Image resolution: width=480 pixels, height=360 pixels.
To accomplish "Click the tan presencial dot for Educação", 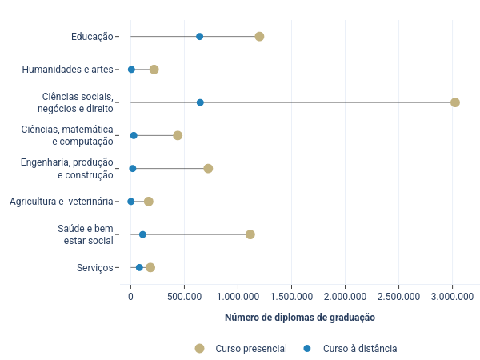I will [259, 37].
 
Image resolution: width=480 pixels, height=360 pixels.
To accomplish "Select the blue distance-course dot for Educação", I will [199, 37].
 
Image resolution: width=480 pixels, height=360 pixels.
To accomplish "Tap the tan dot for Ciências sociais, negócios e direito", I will [455, 102].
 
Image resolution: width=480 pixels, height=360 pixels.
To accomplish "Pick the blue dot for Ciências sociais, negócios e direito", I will [200, 102].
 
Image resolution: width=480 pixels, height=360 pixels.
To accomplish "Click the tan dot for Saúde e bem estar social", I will [250, 234].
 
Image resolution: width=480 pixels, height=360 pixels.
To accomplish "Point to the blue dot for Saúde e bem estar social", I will [142, 234].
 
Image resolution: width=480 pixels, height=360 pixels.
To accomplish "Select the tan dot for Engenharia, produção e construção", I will [208, 168].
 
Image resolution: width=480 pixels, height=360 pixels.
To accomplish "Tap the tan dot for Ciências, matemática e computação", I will [178, 135].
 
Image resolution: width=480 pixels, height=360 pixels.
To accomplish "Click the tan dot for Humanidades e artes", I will [154, 70].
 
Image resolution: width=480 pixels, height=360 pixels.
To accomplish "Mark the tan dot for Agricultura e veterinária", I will [148, 202].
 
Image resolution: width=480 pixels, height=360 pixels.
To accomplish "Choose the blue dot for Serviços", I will [139, 267].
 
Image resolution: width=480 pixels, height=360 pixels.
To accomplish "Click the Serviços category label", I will [94, 267].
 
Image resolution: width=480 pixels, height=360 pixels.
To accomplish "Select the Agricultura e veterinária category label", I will [62, 202].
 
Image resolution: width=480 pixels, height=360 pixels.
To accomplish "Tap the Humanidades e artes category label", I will [68, 70].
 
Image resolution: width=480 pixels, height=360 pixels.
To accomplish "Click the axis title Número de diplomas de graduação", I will [300, 318].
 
